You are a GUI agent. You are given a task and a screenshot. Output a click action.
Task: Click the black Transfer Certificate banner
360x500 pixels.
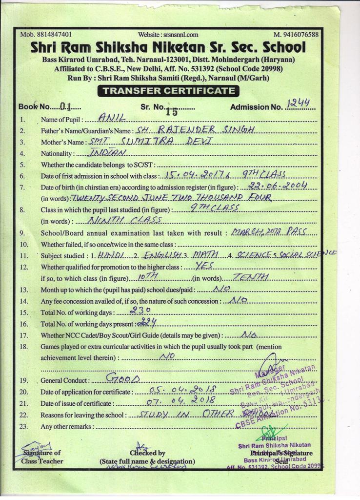(168, 90)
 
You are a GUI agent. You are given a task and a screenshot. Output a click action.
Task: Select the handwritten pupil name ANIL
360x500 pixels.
(112, 117)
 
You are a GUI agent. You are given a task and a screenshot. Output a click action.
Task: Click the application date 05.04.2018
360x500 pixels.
(177, 390)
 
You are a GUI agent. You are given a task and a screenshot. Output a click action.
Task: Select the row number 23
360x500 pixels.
(22, 426)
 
